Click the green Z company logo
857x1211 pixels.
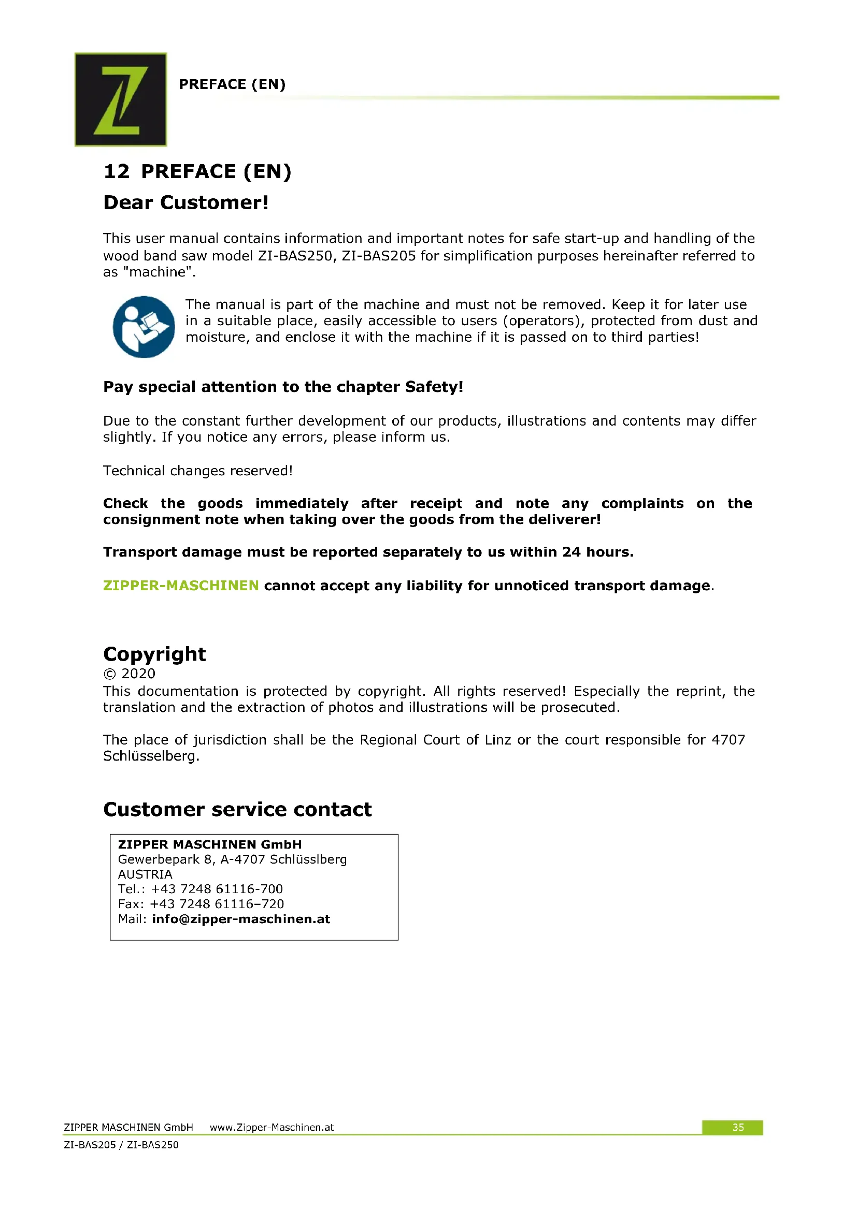[120, 99]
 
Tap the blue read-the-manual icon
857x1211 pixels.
[144, 327]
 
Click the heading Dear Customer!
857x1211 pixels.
[186, 202]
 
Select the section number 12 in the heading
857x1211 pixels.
[116, 172]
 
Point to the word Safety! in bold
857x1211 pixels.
[434, 387]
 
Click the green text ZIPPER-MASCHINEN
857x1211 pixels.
[180, 586]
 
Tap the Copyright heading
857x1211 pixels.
[154, 654]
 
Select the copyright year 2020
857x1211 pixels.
[138, 674]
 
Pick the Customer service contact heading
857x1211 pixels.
[237, 809]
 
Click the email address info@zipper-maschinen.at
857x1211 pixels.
[240, 919]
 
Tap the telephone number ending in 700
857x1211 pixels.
[217, 889]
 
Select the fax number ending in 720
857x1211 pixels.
[217, 903]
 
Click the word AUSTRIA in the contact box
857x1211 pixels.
[145, 874]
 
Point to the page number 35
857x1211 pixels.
[737, 1127]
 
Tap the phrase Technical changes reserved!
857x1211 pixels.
[197, 471]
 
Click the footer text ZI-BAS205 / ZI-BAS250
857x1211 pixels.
[121, 1145]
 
